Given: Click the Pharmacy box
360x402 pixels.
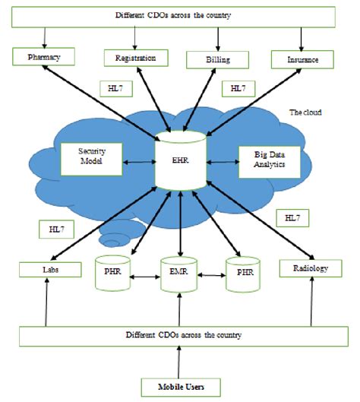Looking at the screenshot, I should click(43, 57).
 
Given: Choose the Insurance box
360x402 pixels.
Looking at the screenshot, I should click(303, 58).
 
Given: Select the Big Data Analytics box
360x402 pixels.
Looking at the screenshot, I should click(267, 159).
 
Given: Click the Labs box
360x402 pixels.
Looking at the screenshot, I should click(46, 268).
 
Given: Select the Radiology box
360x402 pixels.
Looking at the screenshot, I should click(308, 267).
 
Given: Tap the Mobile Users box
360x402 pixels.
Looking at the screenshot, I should click(180, 385).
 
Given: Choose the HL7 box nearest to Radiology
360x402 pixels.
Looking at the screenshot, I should click(292, 217).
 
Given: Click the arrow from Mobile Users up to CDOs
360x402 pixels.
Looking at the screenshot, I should click(180, 359).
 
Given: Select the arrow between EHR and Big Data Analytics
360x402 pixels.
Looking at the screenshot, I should click(221, 161).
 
